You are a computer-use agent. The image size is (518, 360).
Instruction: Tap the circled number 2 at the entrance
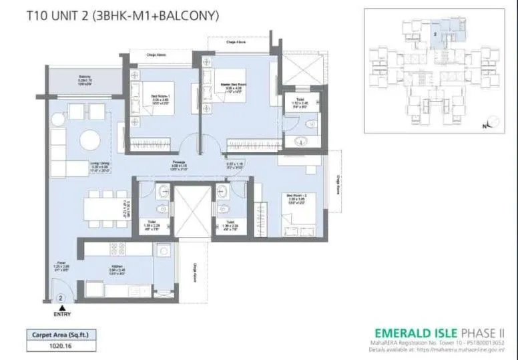[60, 297]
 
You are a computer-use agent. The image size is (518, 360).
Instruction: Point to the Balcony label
[85, 78]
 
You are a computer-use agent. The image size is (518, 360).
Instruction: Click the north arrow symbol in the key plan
[492, 122]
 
